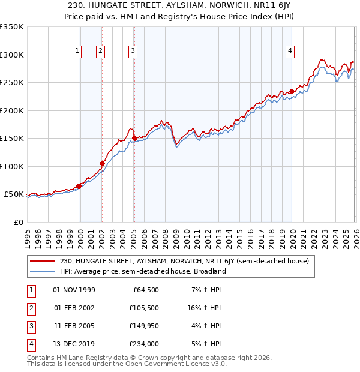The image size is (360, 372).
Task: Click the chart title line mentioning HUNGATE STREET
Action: click(180, 5)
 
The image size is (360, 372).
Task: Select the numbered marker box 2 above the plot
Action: click(100, 52)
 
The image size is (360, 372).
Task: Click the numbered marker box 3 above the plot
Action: click(133, 52)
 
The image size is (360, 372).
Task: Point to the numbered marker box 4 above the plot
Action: click(290, 52)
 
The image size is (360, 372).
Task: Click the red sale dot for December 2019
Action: click(292, 92)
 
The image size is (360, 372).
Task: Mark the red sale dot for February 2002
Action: click(102, 163)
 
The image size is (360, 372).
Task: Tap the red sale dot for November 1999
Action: click(79, 186)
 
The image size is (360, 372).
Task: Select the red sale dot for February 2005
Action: click(134, 139)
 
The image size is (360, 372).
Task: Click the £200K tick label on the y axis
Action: click(12, 110)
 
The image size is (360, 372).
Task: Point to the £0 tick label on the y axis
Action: click(18, 222)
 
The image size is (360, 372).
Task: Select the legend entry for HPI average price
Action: click(142, 271)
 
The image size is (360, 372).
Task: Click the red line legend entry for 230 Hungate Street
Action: click(184, 262)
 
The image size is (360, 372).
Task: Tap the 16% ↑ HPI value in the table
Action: click(204, 308)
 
